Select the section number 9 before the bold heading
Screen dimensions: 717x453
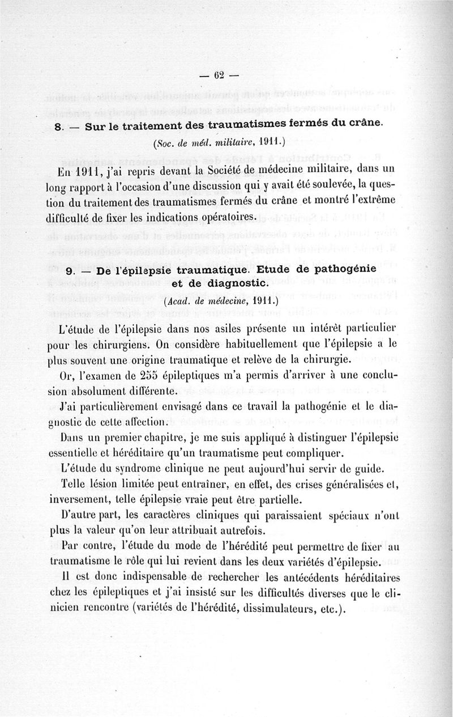pos(70,271)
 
